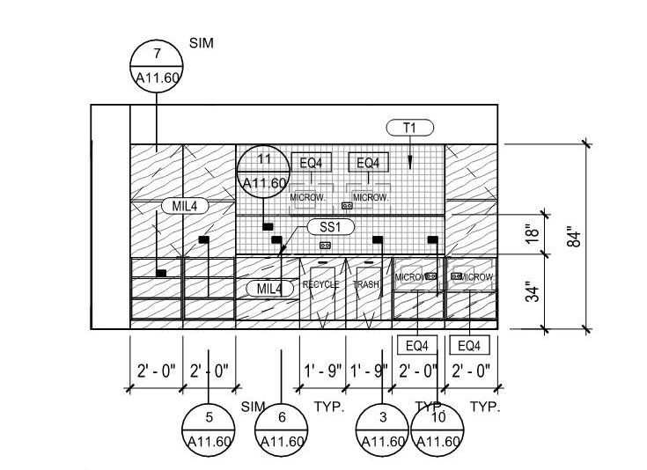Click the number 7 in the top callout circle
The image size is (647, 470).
click(157, 55)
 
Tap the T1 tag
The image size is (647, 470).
click(409, 128)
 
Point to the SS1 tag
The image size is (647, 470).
click(330, 227)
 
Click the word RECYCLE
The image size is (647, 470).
click(320, 285)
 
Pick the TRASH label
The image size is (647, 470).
click(366, 285)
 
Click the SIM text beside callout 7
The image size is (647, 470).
click(202, 42)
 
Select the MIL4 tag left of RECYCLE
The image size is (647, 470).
click(270, 288)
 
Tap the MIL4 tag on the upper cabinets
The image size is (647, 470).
click(184, 206)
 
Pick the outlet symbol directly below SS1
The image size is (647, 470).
click(325, 246)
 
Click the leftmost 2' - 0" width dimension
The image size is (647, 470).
click(156, 370)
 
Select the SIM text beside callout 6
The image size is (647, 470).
click(253, 407)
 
